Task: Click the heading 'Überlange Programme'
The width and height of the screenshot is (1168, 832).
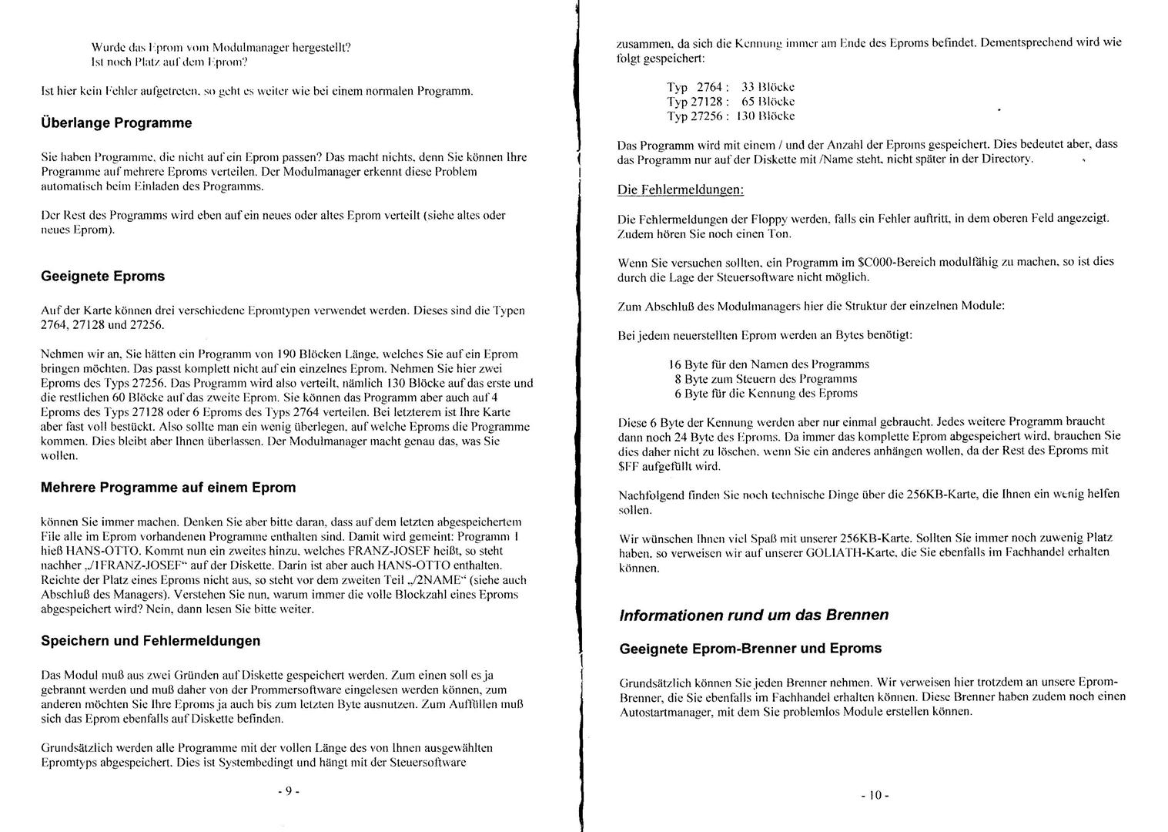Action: click(x=116, y=123)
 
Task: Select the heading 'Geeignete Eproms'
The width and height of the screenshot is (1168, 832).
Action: click(x=102, y=277)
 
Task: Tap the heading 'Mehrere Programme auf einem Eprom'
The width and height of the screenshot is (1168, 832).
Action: click(x=168, y=488)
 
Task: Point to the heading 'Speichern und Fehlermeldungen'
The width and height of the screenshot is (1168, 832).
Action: click(x=150, y=641)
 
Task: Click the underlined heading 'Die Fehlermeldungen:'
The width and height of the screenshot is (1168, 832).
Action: click(x=681, y=190)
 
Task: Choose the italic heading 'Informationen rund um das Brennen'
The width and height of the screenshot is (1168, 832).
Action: click(x=754, y=616)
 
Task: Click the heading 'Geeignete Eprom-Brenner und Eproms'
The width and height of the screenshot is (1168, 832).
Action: click(x=750, y=649)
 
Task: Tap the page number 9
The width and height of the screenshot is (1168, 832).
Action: click(x=287, y=791)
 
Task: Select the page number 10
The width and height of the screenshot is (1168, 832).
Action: click(x=875, y=795)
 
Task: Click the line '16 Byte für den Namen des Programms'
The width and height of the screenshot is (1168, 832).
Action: click(x=769, y=364)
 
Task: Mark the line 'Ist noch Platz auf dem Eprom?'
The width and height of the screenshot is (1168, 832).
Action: click(x=169, y=62)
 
